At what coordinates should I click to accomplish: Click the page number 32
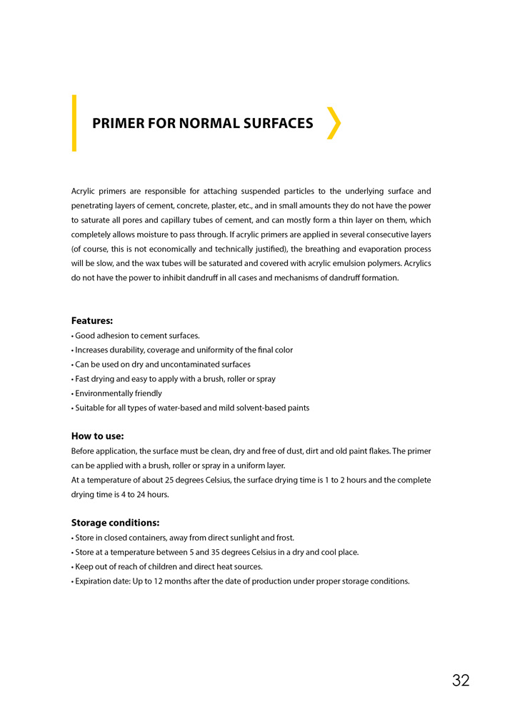(x=461, y=680)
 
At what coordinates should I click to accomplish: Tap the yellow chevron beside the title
(x=333, y=123)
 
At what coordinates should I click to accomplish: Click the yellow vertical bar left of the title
(x=74, y=123)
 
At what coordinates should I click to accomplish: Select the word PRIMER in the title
(x=117, y=124)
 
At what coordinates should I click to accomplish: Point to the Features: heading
(x=92, y=321)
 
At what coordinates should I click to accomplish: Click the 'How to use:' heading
(x=98, y=436)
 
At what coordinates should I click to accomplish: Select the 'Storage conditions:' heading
(x=115, y=523)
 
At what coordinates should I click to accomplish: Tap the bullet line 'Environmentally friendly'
(x=119, y=393)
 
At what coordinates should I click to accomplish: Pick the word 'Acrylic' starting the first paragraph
(x=85, y=192)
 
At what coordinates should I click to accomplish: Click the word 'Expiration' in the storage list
(x=95, y=581)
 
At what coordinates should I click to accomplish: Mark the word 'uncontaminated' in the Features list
(x=179, y=365)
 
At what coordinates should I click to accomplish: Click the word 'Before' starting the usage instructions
(x=83, y=451)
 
